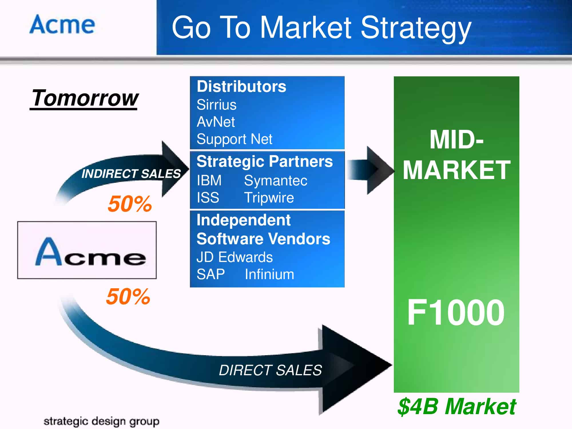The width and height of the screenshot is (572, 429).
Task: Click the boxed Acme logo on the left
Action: point(87,250)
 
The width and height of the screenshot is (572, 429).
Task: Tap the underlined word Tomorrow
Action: point(84,98)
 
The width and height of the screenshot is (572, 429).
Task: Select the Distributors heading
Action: point(241,86)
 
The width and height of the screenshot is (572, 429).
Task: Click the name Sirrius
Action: point(217,105)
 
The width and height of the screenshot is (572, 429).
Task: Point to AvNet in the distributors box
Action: point(216,122)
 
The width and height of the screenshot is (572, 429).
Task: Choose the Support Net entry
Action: point(235,139)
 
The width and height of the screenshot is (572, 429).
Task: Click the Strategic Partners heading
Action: point(265,161)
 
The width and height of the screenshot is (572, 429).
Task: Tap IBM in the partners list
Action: point(209,180)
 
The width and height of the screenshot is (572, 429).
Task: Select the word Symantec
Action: point(276,181)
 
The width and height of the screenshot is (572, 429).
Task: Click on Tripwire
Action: point(269,198)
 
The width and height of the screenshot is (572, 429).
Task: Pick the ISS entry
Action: point(208,198)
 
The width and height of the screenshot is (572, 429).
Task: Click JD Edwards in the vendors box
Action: point(235,257)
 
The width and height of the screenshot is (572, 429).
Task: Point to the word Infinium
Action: point(269,274)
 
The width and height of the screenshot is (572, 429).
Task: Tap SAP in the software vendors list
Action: point(210,274)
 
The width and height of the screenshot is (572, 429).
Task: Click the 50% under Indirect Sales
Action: point(130,204)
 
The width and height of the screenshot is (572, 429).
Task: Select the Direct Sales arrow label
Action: point(270,370)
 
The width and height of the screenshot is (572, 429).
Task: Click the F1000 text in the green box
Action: point(456,312)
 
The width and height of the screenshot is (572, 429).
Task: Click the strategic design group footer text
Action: point(101,421)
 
